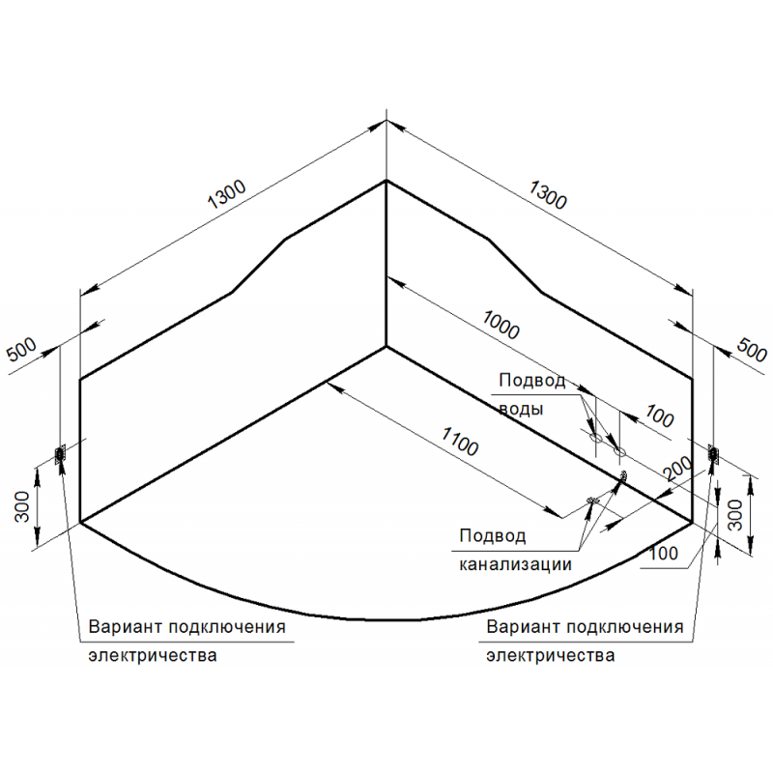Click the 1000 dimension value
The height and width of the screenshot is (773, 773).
(501, 326)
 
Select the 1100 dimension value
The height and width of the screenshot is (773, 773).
(460, 442)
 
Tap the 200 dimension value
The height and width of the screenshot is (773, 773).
(677, 469)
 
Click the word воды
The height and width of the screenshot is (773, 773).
(521, 409)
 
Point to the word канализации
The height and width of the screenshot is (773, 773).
(515, 564)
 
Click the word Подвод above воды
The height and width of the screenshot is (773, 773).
(532, 380)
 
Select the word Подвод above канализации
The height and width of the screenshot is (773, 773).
(493, 535)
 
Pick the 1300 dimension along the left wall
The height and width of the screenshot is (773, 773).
(226, 194)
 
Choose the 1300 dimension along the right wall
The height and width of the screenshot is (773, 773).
(548, 195)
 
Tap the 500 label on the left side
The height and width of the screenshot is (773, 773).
(21, 349)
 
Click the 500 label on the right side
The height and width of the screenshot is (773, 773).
(752, 350)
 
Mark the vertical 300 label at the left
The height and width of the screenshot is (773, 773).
(22, 506)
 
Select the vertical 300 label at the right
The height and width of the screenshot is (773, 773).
(735, 515)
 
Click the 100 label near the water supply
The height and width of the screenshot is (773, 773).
(660, 416)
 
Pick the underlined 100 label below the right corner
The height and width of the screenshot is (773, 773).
(664, 554)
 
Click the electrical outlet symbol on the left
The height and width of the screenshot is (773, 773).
(60, 453)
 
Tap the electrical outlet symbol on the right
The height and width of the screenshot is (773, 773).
(713, 453)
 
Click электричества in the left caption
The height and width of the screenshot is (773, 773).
(153, 655)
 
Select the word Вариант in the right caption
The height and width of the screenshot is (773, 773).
(523, 626)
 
